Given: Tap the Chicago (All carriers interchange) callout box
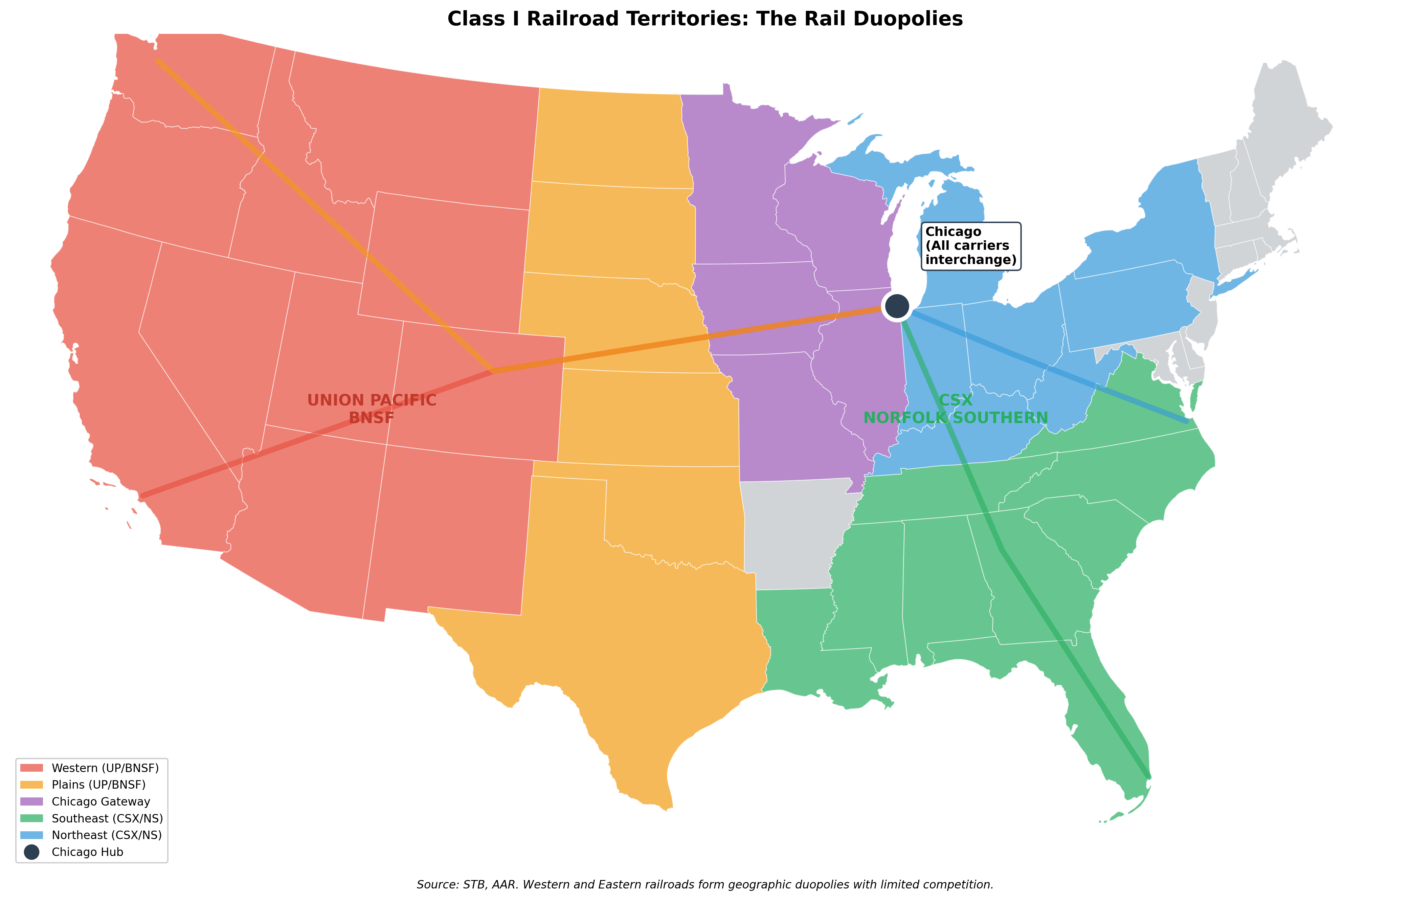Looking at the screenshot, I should pyautogui.click(x=970, y=246).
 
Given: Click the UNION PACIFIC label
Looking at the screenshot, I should pyautogui.click(x=372, y=400).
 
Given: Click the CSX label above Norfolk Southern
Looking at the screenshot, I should pyautogui.click(x=956, y=400).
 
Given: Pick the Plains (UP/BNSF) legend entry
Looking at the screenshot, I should pyautogui.click(x=98, y=784).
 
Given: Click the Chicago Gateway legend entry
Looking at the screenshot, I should pyautogui.click(x=101, y=801).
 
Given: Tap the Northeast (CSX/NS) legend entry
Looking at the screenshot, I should pyautogui.click(x=107, y=835).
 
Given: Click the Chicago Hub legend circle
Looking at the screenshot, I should pyautogui.click(x=32, y=852).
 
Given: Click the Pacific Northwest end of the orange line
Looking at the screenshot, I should pyautogui.click(x=157, y=60).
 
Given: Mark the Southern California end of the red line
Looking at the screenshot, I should pyautogui.click(x=141, y=497).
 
